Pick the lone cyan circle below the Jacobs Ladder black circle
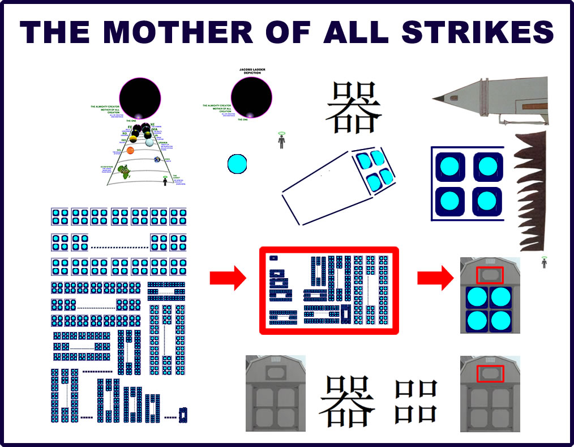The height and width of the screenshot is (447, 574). point(237,164)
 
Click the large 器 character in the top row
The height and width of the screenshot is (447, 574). point(353,108)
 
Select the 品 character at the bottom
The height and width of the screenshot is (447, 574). point(416,401)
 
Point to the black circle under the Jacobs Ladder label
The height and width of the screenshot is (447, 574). point(251,98)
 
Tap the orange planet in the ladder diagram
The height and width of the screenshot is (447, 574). point(130,151)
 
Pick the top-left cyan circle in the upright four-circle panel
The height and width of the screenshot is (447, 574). point(450,167)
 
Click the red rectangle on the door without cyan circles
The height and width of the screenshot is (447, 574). point(490,373)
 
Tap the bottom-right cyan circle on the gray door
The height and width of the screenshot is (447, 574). point(500,321)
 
